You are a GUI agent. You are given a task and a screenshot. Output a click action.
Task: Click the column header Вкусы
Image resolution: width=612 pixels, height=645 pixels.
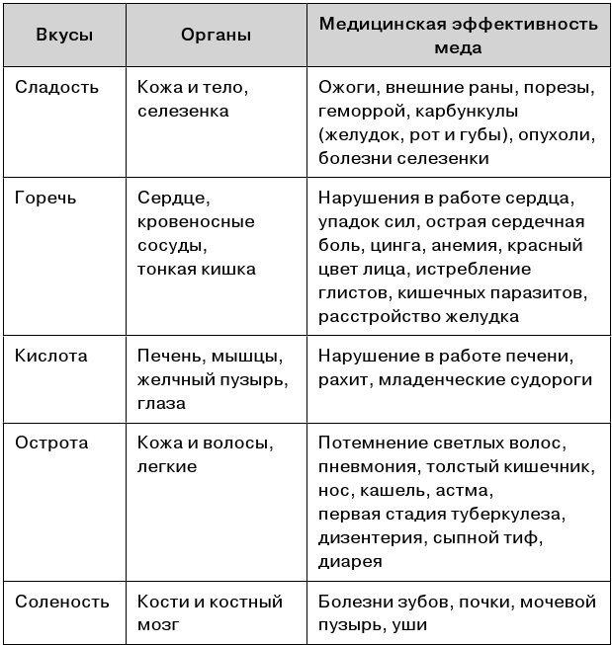pyautogui.click(x=64, y=35)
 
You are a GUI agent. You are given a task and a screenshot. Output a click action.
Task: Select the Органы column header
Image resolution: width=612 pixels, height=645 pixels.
pyautogui.click(x=216, y=35)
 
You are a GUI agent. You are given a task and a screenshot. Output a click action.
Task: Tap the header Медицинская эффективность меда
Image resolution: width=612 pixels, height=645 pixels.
pyautogui.click(x=458, y=35)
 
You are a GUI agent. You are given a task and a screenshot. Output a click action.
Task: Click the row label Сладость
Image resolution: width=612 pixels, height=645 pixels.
pyautogui.click(x=57, y=87)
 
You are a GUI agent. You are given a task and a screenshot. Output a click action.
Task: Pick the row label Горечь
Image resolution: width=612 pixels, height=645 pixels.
pyautogui.click(x=45, y=198)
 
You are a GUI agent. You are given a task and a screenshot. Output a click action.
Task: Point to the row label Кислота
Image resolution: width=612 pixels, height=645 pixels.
pyautogui.click(x=51, y=355)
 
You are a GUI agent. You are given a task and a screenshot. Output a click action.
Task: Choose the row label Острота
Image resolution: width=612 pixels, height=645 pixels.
pyautogui.click(x=50, y=442)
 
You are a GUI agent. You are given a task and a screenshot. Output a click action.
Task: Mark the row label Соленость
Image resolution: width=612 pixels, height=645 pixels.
pyautogui.click(x=60, y=601)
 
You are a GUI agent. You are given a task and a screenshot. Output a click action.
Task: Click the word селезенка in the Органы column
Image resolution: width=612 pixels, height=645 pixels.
pyautogui.click(x=183, y=111)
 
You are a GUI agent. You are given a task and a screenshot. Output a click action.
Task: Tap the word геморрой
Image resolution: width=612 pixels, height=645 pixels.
pyautogui.click(x=362, y=111)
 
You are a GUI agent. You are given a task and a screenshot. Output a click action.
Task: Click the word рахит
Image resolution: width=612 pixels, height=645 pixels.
pyautogui.click(x=342, y=379)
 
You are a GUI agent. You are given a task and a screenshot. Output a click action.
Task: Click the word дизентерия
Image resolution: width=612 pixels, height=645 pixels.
pyautogui.click(x=372, y=537)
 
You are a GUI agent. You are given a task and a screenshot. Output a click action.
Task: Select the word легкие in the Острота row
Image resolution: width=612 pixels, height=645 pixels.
pyautogui.click(x=167, y=466)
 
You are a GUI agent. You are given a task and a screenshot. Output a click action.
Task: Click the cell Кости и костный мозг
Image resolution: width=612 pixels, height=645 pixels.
pyautogui.click(x=210, y=612)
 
